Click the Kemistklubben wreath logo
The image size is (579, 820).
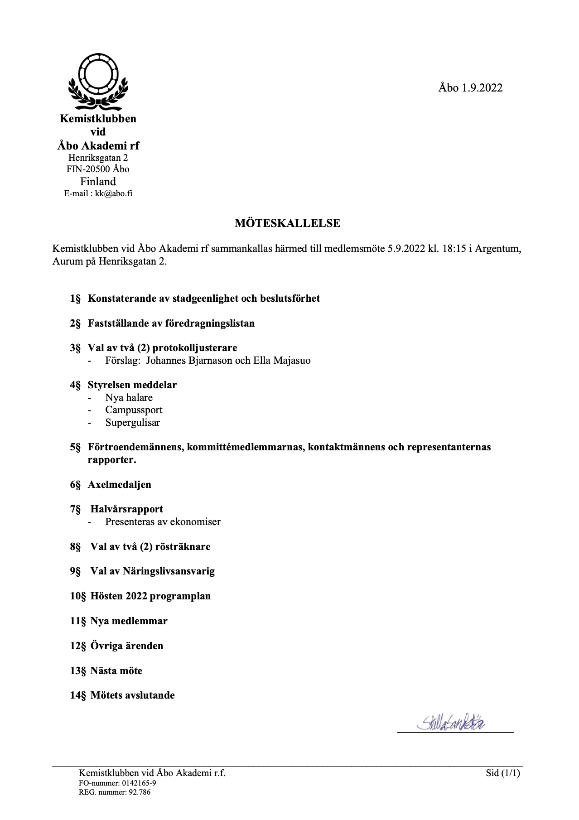coord(98,82)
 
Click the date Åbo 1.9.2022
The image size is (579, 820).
coord(470,88)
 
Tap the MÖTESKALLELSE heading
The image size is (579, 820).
coord(287,223)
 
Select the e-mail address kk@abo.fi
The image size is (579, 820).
coord(113,194)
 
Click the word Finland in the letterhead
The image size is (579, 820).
coord(98,182)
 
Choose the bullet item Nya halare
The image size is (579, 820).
coord(129,398)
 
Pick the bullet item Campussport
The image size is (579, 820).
coord(134,410)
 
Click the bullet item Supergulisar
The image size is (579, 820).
coord(132,423)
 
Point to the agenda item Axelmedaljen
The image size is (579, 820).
coord(119,485)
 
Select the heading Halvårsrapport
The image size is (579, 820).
coord(126,509)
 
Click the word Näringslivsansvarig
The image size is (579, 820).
coord(169,571)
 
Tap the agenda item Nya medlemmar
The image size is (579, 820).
coord(129,621)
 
